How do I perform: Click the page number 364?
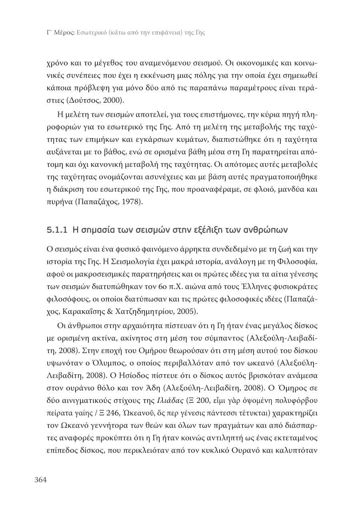[x=40, y=480]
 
